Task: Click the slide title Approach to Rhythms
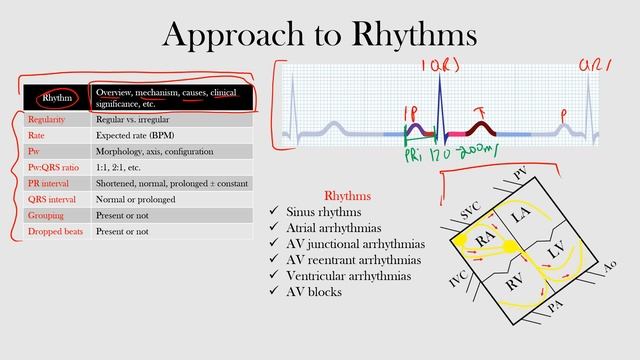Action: tap(319, 34)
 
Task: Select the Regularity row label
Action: tap(49, 119)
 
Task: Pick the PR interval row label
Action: tap(51, 183)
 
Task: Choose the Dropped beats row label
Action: tap(55, 231)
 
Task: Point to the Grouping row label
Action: tap(48, 215)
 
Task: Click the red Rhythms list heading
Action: tap(348, 196)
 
